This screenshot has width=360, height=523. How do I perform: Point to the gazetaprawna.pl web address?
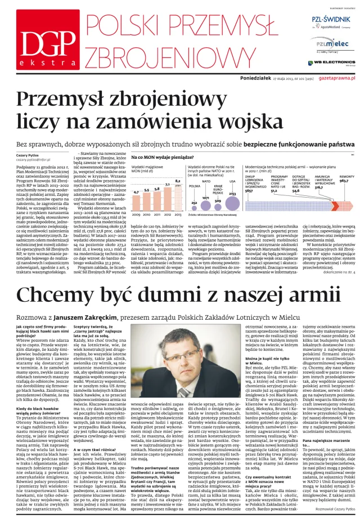336,78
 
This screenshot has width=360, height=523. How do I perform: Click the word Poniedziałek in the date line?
256,78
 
